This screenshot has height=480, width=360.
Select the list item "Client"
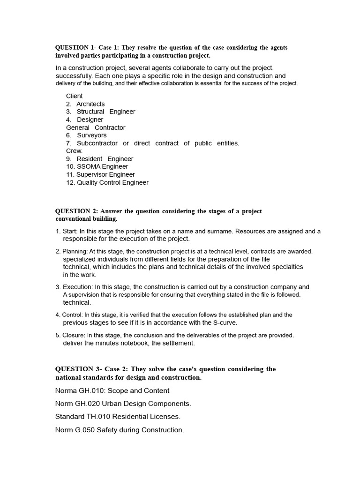point(75,96)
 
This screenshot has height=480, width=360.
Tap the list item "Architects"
point(90,104)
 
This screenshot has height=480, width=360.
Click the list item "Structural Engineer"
point(106,112)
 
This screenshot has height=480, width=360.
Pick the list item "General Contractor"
point(96,127)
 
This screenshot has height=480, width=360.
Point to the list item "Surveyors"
point(92,135)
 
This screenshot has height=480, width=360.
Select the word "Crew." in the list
point(75,151)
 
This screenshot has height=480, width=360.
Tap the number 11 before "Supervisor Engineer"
point(70,174)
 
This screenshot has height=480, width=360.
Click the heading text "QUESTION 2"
point(76,211)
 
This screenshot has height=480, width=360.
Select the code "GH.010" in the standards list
point(95,390)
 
